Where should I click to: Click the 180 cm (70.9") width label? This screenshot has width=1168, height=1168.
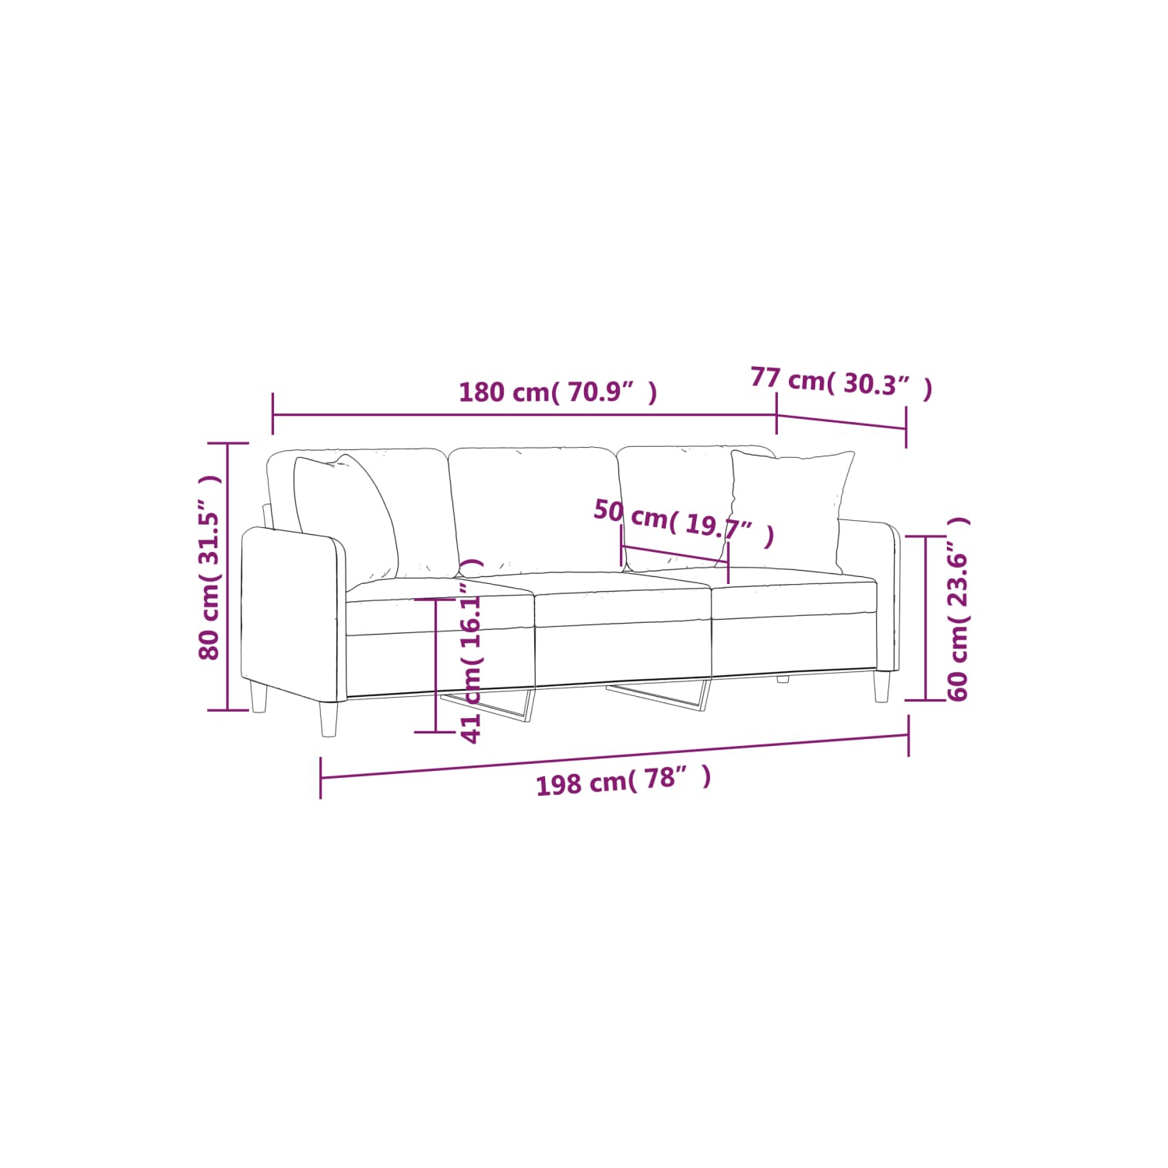point(558,392)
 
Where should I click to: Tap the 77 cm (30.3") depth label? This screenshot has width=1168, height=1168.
point(842,382)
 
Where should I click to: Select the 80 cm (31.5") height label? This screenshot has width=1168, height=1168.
point(209,568)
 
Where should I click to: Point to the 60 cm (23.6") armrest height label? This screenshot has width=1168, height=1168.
point(957,609)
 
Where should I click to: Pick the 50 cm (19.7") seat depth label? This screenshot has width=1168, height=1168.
point(684,522)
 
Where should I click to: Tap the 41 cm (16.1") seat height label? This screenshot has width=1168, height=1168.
point(472,651)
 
